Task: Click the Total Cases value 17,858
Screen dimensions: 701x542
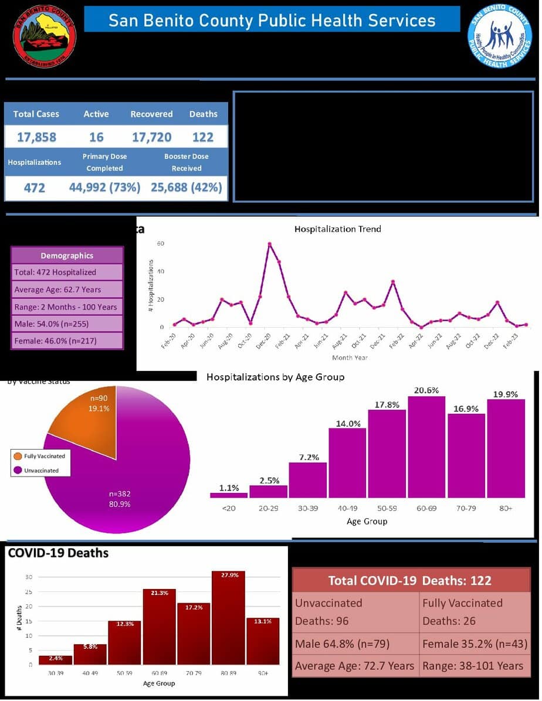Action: (x=36, y=137)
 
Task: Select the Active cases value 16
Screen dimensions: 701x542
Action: (x=96, y=137)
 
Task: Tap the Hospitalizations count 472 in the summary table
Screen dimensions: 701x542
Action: (x=34, y=188)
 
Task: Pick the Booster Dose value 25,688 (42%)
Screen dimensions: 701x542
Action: (x=187, y=188)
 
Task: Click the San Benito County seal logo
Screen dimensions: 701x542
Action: (x=45, y=36)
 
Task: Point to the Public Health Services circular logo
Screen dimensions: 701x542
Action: (x=499, y=36)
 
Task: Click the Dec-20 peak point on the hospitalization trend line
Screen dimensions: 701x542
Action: (x=269, y=244)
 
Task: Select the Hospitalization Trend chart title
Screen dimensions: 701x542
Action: (x=337, y=229)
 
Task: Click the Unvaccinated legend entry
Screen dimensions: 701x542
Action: (x=41, y=471)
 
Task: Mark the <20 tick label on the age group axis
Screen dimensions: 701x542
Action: (x=228, y=508)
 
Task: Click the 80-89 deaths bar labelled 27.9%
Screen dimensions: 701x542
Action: (x=228, y=617)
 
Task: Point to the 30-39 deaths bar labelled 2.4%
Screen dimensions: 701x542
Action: (x=55, y=660)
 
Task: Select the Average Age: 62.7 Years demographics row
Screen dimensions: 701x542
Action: (x=67, y=290)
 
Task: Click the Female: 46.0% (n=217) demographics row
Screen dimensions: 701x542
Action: (x=67, y=341)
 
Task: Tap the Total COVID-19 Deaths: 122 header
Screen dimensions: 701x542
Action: (x=410, y=580)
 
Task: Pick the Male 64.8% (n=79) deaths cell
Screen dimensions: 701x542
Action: (x=355, y=644)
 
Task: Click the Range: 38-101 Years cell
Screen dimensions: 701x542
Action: (x=473, y=665)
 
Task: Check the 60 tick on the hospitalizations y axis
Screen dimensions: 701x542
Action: (x=160, y=243)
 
